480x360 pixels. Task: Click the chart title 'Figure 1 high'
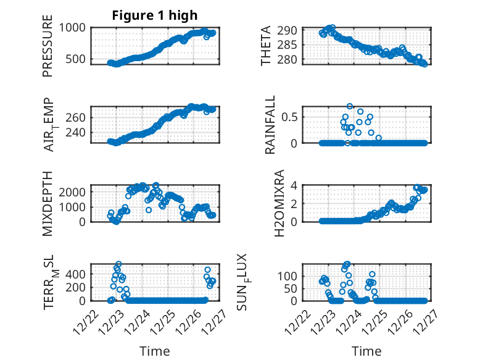pyautogui.click(x=155, y=15)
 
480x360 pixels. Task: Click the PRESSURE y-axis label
pyautogui.click(x=48, y=46)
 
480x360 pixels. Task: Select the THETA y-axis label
pyautogui.click(x=266, y=46)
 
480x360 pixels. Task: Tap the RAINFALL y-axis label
pyautogui.click(x=270, y=125)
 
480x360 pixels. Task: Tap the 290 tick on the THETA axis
pyautogui.click(x=291, y=30)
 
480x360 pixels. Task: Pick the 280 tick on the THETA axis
pyautogui.click(x=291, y=59)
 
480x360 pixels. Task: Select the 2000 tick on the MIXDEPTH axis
pyautogui.click(x=73, y=191)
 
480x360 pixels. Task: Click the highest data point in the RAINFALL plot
pyautogui.click(x=350, y=106)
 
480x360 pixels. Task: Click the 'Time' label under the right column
pyautogui.click(x=366, y=351)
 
